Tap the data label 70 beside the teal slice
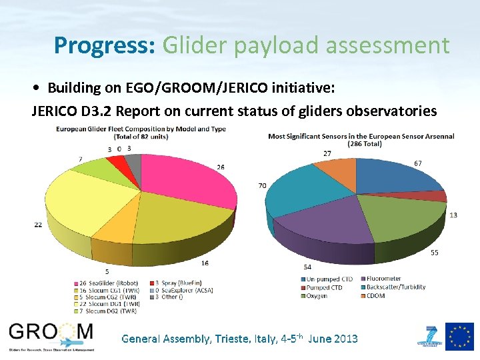[x=262, y=185]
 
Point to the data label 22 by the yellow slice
[x=38, y=225]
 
